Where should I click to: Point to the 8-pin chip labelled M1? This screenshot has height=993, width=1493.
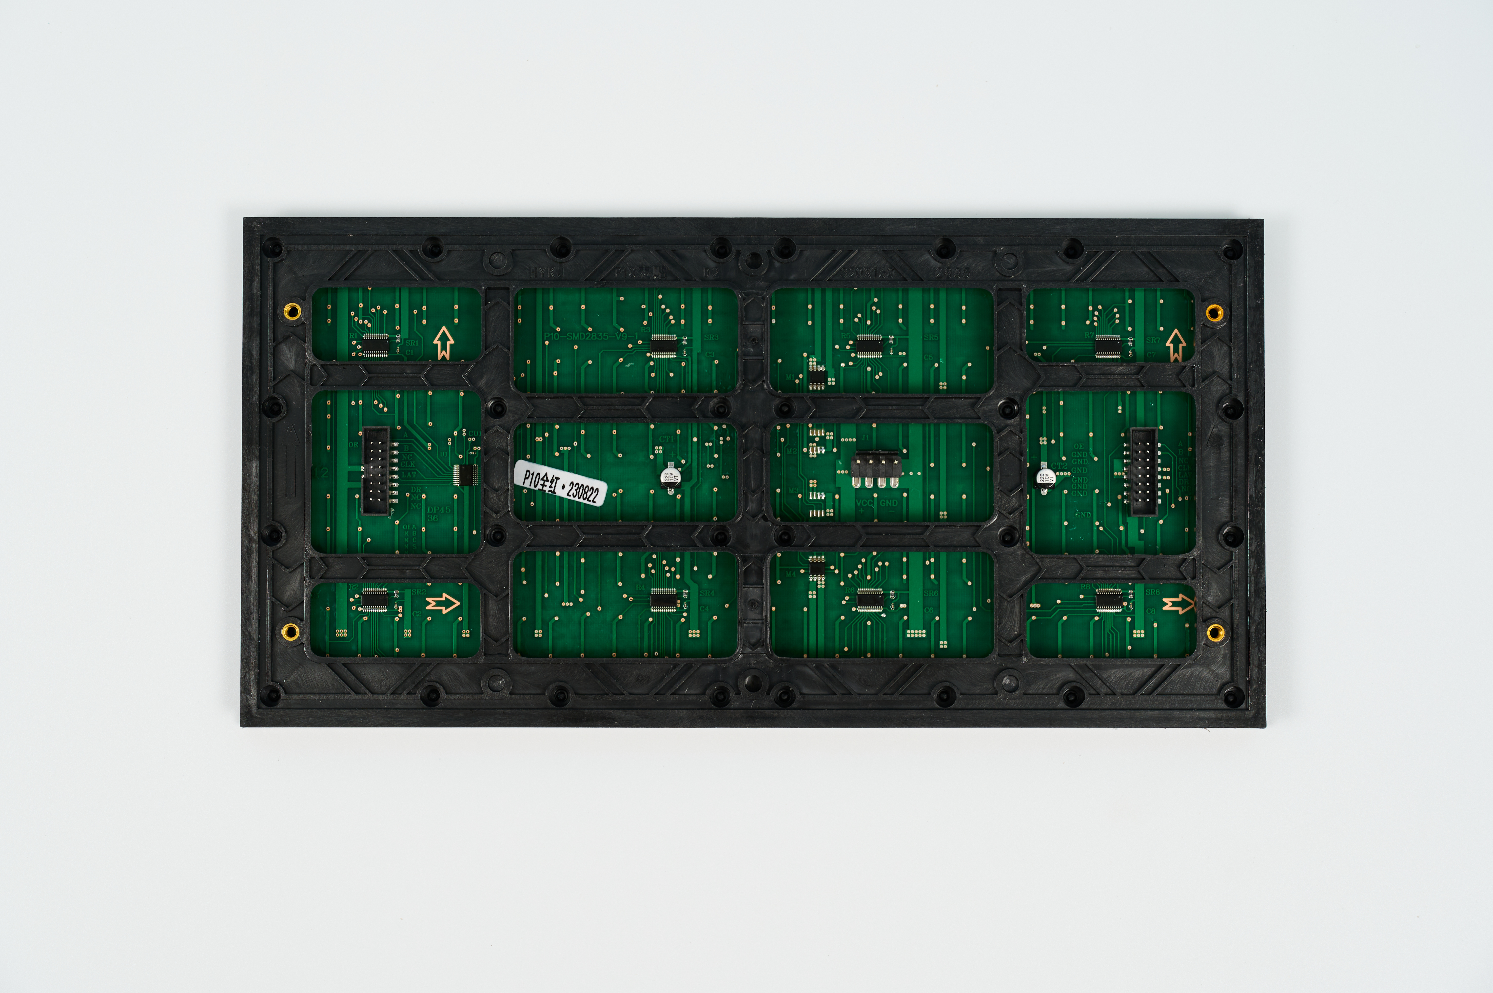pyautogui.click(x=817, y=378)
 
